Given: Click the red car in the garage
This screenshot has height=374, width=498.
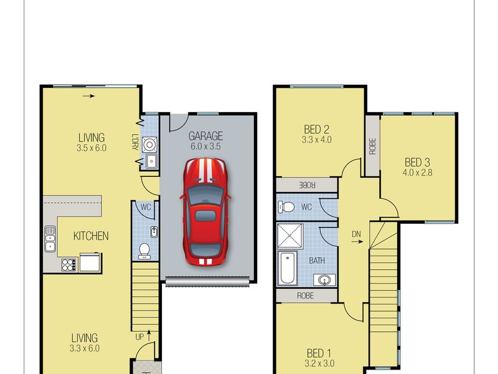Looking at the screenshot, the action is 205,211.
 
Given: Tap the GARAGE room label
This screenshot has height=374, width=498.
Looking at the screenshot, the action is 205,136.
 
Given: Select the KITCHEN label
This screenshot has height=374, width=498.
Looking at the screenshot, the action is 91,236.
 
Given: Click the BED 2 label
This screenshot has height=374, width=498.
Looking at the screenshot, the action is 316,130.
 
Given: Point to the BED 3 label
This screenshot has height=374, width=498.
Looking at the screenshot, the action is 417,163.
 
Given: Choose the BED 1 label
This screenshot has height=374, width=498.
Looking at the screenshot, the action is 319,353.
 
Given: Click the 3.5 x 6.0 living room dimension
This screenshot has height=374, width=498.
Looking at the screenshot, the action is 92,148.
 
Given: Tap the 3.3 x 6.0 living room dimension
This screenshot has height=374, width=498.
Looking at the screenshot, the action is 85,348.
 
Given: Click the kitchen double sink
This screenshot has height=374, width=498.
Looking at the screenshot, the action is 50,239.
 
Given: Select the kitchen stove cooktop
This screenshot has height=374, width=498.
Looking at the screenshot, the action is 69,265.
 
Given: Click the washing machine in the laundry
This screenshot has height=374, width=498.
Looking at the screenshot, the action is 149,145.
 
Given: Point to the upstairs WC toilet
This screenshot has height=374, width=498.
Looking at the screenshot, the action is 286,207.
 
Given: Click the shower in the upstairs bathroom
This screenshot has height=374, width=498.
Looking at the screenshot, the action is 290,236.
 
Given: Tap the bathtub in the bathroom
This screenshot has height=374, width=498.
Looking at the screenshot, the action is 287,268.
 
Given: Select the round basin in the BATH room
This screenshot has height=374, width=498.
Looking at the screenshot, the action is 324,280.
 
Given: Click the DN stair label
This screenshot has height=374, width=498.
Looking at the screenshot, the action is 356,234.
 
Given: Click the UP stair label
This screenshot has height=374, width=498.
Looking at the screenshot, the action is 139,337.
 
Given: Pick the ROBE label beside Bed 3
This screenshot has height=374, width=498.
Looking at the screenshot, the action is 372,146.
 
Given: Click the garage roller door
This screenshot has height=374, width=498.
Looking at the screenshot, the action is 207,281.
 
